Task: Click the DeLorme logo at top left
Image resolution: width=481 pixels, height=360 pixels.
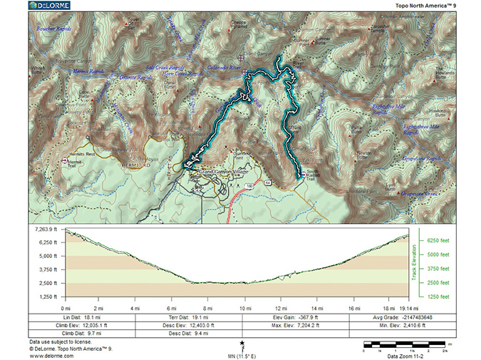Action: (x=53, y=6)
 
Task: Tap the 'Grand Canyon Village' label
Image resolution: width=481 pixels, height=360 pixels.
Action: (x=225, y=173)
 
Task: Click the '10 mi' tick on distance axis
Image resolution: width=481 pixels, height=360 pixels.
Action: (x=246, y=307)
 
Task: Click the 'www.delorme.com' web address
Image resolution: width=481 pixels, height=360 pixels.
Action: (x=48, y=354)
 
